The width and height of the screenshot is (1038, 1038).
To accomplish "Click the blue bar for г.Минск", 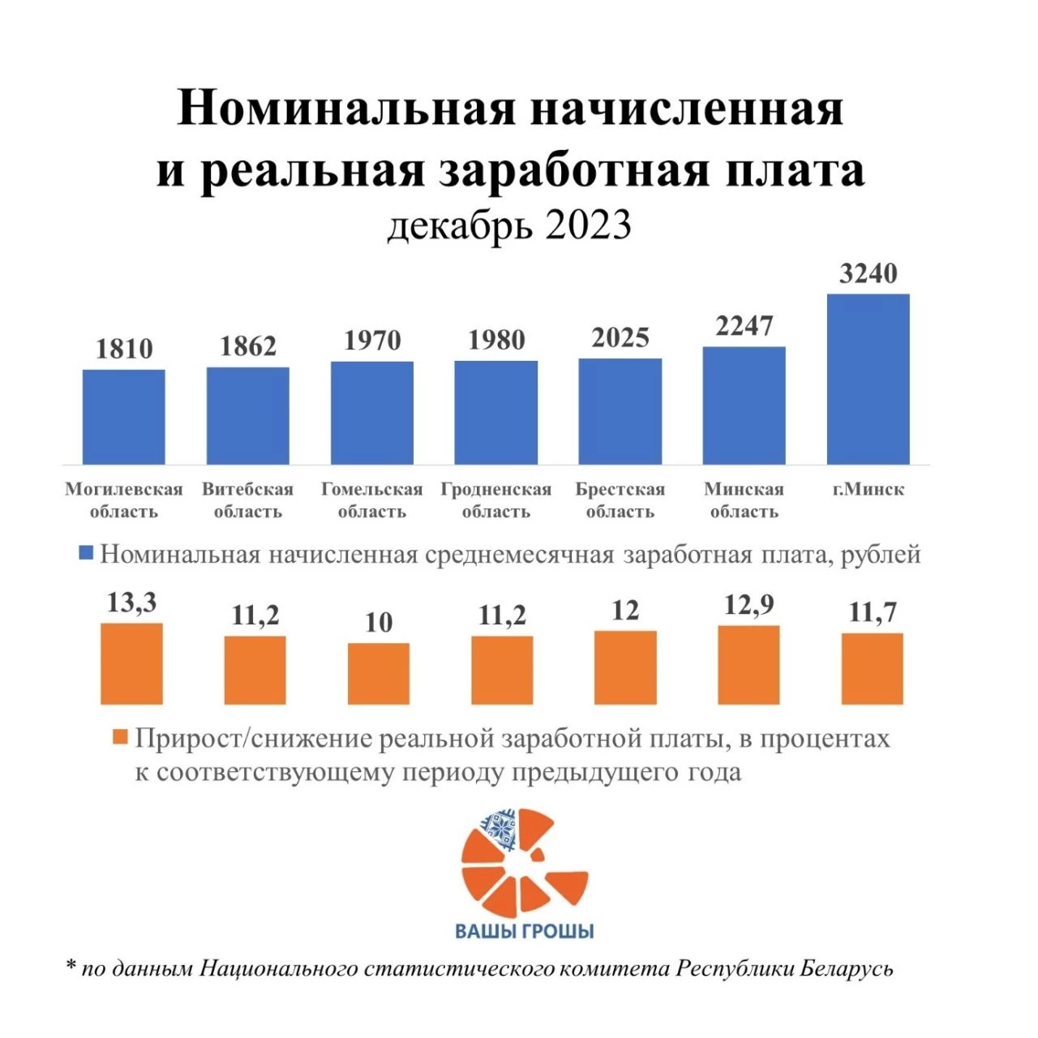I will [868, 379].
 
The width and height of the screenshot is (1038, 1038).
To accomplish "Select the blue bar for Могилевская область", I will [123, 417].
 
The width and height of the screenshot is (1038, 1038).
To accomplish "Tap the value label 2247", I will [744, 326].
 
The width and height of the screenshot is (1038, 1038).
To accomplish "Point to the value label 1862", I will [248, 346].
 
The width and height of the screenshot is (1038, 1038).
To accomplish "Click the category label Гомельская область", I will [372, 500].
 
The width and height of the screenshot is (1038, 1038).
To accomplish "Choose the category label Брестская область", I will [620, 500].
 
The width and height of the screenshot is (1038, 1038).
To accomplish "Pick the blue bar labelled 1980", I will [495, 412].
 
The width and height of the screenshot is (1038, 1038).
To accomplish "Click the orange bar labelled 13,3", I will [131, 663].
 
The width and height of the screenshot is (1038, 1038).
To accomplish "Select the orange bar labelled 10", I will [379, 673].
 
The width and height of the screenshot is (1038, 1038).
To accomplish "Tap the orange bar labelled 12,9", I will [748, 665].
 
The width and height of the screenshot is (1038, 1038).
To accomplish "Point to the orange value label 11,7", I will [873, 612].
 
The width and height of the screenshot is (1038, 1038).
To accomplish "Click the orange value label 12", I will [625, 610].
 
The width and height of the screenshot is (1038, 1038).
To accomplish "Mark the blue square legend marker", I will [86, 555].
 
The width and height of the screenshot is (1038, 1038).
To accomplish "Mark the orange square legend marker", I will [120, 738].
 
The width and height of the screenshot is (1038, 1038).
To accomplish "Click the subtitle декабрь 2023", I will [509, 225].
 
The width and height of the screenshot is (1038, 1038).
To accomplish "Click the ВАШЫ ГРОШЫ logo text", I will [525, 931].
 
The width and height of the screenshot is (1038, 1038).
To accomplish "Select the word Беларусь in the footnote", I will [847, 968].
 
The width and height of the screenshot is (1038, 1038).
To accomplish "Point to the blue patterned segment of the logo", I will [500, 829].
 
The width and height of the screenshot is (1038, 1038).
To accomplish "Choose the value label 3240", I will [868, 274].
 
